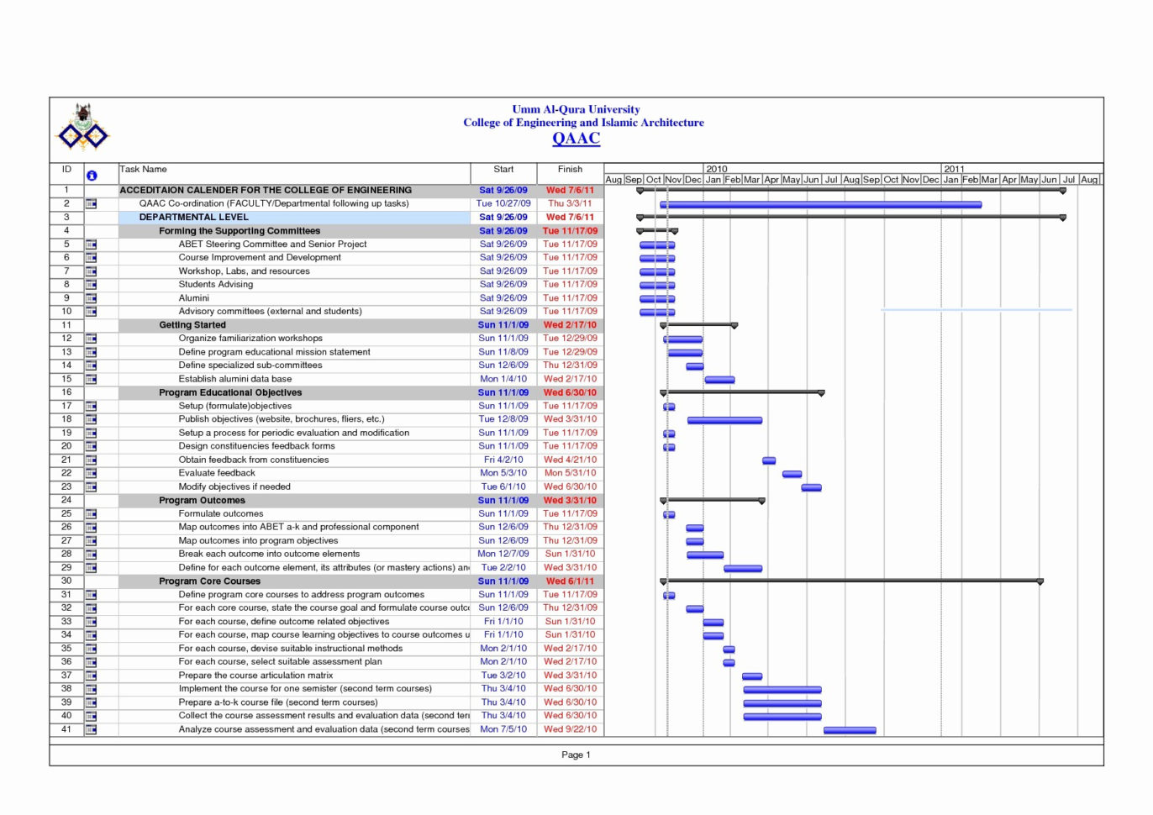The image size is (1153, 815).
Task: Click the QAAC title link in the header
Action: [x=576, y=139]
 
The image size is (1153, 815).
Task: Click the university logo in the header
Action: [x=82, y=127]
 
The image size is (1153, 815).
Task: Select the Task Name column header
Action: [x=144, y=169]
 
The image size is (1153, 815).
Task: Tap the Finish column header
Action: [x=570, y=169]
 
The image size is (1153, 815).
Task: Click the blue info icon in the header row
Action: [x=92, y=176]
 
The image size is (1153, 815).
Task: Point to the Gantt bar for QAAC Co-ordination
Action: [x=820, y=204]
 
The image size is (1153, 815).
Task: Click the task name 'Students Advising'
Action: [x=215, y=284]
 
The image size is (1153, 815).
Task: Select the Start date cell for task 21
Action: [x=503, y=460]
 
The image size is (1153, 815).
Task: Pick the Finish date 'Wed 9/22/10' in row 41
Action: [x=570, y=729]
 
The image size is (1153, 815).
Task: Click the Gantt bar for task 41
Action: [x=850, y=730]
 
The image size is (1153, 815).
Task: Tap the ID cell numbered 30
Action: [x=66, y=581]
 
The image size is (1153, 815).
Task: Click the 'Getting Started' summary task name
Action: [x=192, y=325]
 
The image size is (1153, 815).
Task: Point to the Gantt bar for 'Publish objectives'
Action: [x=724, y=420]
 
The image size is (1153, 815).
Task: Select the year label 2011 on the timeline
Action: [x=954, y=169]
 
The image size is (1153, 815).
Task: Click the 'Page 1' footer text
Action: [x=576, y=755]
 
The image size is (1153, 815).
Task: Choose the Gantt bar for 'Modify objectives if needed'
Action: [x=811, y=487]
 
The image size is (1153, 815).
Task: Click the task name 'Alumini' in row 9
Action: [x=193, y=298]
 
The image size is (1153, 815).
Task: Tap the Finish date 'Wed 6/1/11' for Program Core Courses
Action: [x=570, y=581]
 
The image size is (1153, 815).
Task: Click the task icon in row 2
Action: [x=91, y=203]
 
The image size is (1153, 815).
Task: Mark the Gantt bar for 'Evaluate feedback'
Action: [x=792, y=474]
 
